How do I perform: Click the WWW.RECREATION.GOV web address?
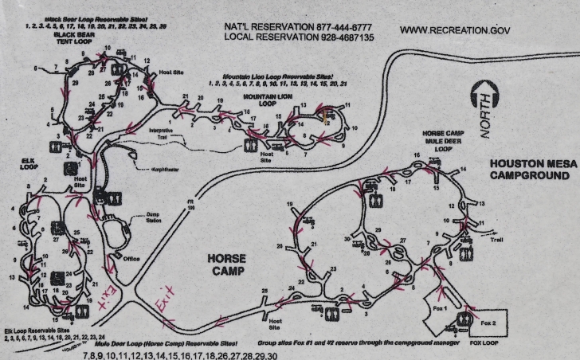click(x=455, y=31)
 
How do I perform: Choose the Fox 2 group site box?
click(x=488, y=323)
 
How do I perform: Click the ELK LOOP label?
click(x=30, y=164)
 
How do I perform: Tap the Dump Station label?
click(x=152, y=219)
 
